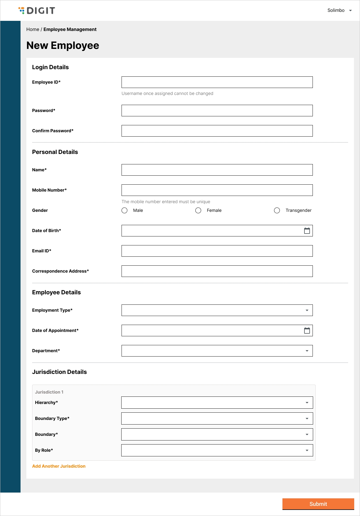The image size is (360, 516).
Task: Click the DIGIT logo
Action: (x=37, y=11)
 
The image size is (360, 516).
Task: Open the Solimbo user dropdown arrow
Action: (x=350, y=10)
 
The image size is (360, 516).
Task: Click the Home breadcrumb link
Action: (x=33, y=30)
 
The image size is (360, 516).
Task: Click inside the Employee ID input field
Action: (x=217, y=82)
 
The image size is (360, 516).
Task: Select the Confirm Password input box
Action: (x=217, y=131)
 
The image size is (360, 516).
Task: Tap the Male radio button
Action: (x=124, y=210)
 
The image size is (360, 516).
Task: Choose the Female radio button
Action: (x=198, y=210)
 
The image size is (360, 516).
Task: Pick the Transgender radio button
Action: (x=277, y=210)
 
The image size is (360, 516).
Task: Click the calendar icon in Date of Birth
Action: (x=307, y=231)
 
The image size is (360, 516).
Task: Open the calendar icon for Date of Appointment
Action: (x=307, y=330)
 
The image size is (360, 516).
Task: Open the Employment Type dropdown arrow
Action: (x=307, y=310)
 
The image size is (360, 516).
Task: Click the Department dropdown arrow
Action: (x=307, y=351)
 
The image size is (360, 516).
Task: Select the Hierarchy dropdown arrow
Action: (x=307, y=403)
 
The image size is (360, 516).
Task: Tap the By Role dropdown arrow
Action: (x=307, y=450)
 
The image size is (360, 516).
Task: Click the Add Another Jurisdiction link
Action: (x=59, y=466)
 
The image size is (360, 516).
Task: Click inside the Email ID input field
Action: (x=217, y=251)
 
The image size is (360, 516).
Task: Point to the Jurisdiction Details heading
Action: (x=59, y=372)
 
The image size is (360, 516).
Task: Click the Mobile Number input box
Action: (x=217, y=190)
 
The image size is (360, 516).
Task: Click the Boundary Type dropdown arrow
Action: (x=307, y=418)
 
